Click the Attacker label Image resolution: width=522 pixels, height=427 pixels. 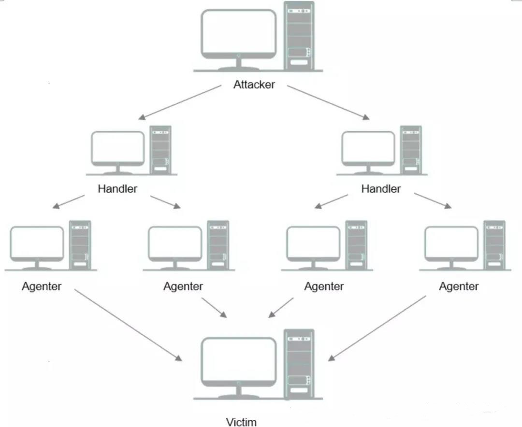254,85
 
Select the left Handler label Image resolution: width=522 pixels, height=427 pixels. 117,188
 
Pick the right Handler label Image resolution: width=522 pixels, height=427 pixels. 381,188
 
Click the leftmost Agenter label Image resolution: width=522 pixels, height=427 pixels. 42,286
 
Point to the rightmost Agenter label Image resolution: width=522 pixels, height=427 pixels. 459,286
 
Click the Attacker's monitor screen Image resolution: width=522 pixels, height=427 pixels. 239,31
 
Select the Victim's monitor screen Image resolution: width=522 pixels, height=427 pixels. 239,360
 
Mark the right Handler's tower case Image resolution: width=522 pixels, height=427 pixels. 411,150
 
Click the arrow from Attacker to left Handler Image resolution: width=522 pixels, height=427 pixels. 180,102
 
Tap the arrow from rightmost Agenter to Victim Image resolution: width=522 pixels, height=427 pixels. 377,328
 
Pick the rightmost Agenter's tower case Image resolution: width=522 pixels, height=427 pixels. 494,245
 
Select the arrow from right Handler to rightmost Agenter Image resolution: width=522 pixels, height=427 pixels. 433,201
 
